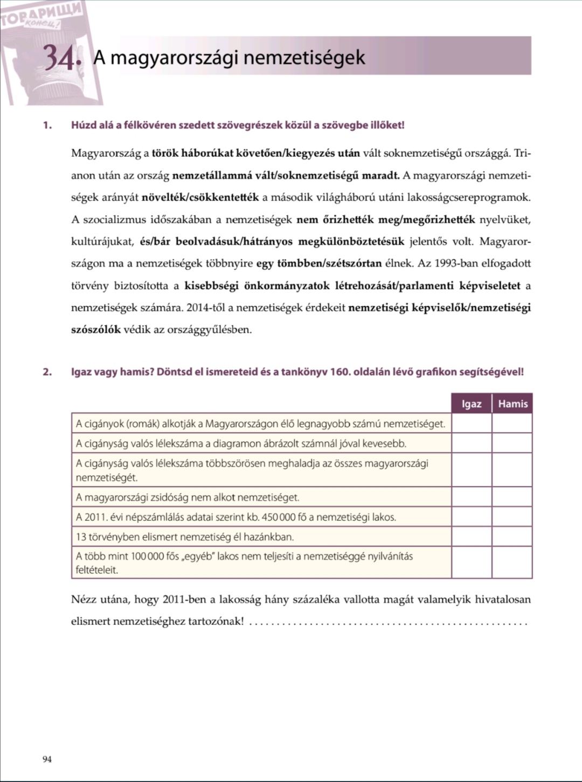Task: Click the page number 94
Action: pos(47,759)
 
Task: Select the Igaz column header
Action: pos(472,403)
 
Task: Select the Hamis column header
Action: pos(512,403)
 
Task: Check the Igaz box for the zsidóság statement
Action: pos(472,497)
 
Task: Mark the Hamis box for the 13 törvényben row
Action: pos(512,537)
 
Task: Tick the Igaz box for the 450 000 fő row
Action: pos(472,517)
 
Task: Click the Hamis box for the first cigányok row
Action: pos(512,423)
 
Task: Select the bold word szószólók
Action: pos(96,330)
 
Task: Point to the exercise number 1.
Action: pos(47,125)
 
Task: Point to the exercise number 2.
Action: pos(47,372)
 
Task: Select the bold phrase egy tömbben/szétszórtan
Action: pos(319,264)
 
